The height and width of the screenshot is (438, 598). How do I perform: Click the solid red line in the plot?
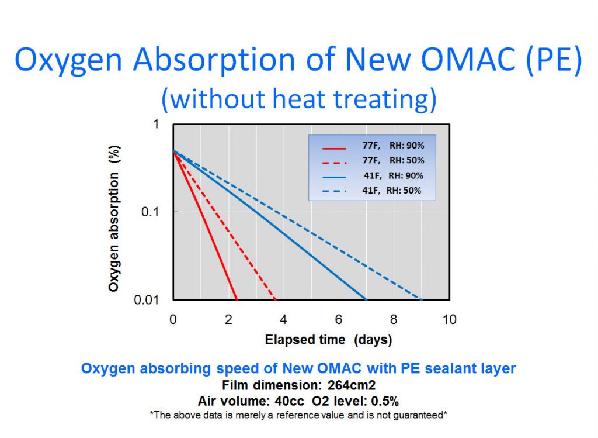pos(204,225)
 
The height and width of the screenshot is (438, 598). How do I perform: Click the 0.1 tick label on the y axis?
pos(151,212)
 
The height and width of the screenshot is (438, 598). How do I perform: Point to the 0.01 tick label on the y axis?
pos(148,300)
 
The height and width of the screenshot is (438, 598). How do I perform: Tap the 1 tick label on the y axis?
pos(156,124)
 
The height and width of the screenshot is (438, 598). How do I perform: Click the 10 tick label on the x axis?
pos(449,319)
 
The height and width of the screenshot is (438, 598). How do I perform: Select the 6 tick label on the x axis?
pos(339,319)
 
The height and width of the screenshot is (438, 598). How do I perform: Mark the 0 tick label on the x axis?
pos(173,319)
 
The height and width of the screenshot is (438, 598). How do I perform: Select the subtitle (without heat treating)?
pos(298,99)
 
